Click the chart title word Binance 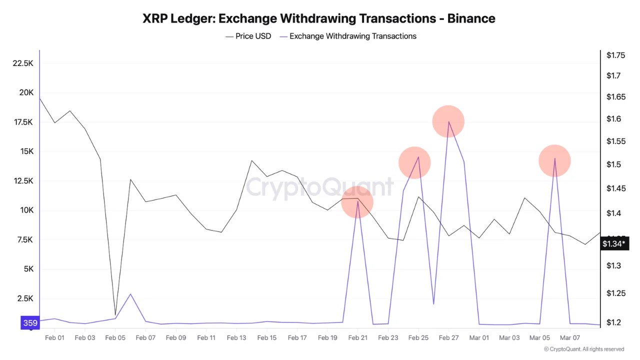(x=471, y=18)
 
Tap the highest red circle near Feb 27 (x=448, y=121)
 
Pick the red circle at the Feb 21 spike (x=357, y=202)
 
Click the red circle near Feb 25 (x=414, y=162)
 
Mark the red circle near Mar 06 (x=554, y=160)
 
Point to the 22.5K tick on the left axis (x=23, y=63)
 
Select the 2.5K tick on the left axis (x=24, y=298)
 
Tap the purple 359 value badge (x=30, y=323)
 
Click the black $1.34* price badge (x=613, y=244)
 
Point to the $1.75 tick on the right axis (x=615, y=55)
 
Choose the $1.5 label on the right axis (x=613, y=165)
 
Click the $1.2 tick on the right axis (x=613, y=322)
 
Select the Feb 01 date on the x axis (x=54, y=338)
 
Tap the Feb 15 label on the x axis (x=266, y=338)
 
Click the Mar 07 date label (x=569, y=338)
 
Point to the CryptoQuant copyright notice (x=583, y=349)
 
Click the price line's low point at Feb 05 (x=115, y=314)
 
